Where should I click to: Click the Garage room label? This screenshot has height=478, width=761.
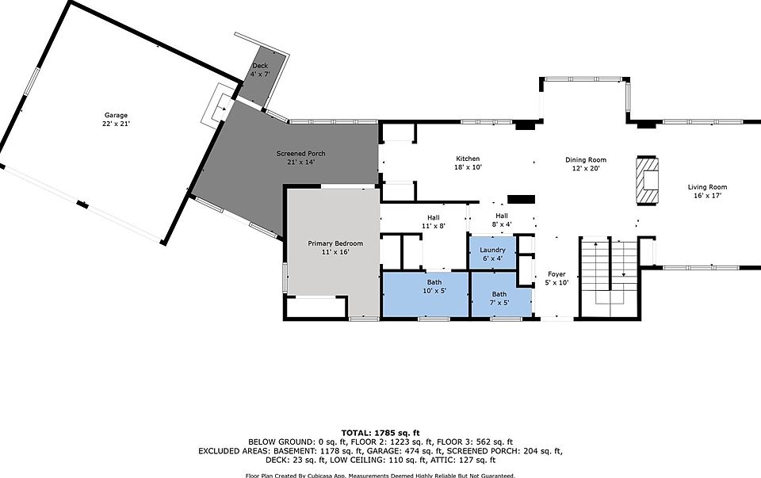(x=116, y=115)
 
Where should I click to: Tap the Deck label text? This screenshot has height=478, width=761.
(x=260, y=66)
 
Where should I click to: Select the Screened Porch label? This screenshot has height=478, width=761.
(x=300, y=153)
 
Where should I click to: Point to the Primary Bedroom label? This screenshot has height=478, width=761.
(x=335, y=243)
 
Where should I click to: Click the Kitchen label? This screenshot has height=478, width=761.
(x=468, y=159)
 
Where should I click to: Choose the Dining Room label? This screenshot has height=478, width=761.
(x=585, y=159)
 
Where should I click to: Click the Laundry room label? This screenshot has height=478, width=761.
(x=492, y=250)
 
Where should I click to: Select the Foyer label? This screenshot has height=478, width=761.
(x=557, y=274)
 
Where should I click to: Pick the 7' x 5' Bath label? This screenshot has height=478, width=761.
(x=499, y=294)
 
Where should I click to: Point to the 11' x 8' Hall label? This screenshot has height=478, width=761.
(x=434, y=218)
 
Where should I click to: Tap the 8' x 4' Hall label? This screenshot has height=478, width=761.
(x=502, y=216)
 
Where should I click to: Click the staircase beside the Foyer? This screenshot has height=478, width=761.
(x=609, y=273)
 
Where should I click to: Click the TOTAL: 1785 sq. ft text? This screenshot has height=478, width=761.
(x=380, y=432)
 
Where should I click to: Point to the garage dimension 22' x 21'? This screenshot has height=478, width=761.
(x=116, y=124)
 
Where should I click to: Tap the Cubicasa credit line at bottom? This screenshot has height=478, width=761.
(x=380, y=474)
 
